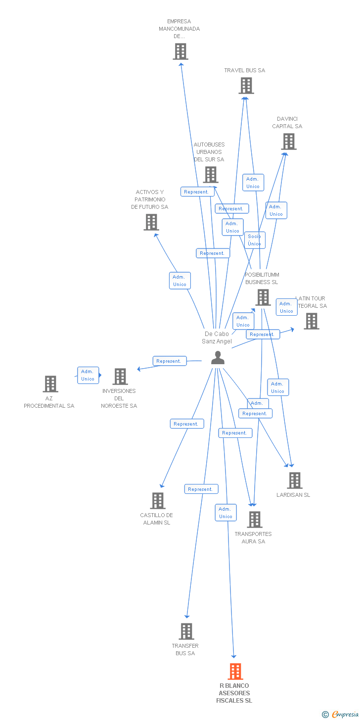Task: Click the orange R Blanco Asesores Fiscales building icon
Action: pyautogui.click(x=235, y=672)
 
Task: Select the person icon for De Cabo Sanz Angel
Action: pyautogui.click(x=218, y=358)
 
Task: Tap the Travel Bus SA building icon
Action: pyautogui.click(x=246, y=86)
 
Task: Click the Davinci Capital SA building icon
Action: pyautogui.click(x=289, y=142)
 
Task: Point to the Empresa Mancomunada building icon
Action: pyautogui.click(x=180, y=51)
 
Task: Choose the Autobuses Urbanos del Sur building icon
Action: pyautogui.click(x=211, y=175)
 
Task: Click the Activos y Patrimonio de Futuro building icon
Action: pyautogui.click(x=151, y=222)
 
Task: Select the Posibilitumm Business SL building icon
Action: pyautogui.click(x=263, y=297)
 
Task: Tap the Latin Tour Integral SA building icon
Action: pyautogui.click(x=311, y=321)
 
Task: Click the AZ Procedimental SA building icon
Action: pyautogui.click(x=50, y=384)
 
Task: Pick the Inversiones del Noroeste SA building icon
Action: pyautogui.click(x=120, y=377)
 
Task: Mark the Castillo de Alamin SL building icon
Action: pyautogui.click(x=158, y=501)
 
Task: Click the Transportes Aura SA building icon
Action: pyautogui.click(x=255, y=520)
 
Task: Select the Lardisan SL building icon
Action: pyautogui.click(x=295, y=480)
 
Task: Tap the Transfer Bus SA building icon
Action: pyautogui.click(x=186, y=631)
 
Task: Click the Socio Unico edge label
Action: pyautogui.click(x=255, y=240)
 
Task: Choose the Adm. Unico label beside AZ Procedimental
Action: pyautogui.click(x=88, y=375)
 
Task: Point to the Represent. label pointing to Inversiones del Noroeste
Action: pyautogui.click(x=169, y=361)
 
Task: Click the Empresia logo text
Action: pyautogui.click(x=345, y=714)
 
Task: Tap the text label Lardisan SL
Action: pyautogui.click(x=293, y=495)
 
